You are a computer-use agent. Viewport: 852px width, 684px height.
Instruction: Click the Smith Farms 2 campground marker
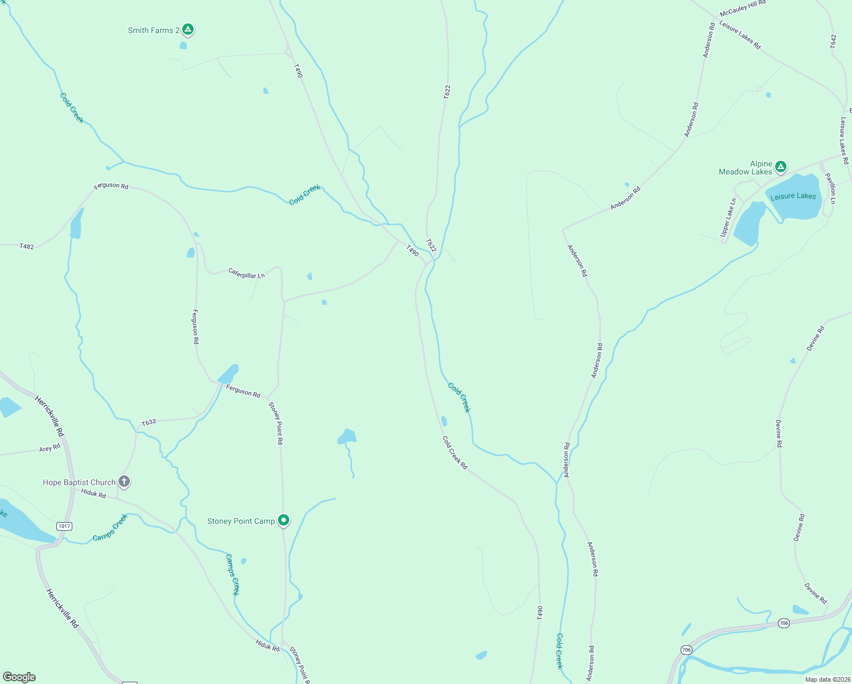click(188, 29)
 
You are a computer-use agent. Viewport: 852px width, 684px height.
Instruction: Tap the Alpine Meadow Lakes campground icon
click(781, 166)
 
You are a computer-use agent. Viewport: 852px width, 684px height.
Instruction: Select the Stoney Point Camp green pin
click(283, 520)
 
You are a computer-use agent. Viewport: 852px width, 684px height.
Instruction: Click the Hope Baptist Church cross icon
click(124, 482)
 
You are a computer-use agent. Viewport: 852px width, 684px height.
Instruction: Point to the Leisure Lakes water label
click(793, 197)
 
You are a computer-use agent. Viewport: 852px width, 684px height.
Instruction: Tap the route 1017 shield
click(64, 526)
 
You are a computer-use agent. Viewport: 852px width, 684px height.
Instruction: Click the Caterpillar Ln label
click(247, 273)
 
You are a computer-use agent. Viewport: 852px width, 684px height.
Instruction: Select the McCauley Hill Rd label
click(743, 9)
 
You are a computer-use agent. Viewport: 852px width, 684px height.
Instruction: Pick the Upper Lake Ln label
click(728, 217)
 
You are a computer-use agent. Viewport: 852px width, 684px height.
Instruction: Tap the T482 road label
click(27, 247)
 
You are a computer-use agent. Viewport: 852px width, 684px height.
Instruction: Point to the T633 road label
click(149, 422)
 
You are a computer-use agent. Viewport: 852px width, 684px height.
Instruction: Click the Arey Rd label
click(50, 449)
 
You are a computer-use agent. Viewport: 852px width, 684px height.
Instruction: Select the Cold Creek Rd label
click(455, 453)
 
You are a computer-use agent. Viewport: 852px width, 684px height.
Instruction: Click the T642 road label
click(833, 41)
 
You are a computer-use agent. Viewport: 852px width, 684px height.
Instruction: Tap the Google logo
click(19, 677)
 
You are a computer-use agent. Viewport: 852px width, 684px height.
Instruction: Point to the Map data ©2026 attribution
click(826, 679)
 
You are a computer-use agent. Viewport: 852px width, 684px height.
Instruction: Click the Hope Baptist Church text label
click(79, 482)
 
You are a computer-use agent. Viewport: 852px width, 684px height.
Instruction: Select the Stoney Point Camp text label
click(241, 521)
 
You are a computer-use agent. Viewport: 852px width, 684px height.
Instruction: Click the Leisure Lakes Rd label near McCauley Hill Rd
click(740, 35)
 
